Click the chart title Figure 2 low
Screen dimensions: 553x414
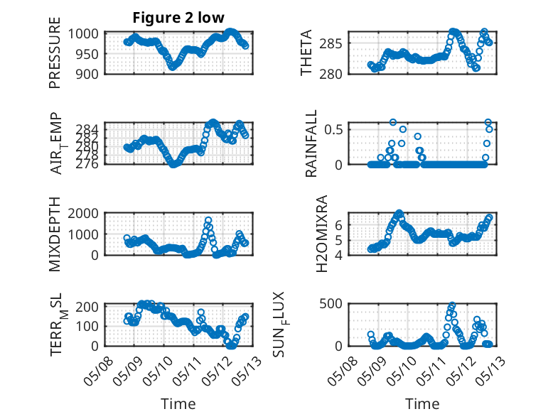(178, 18)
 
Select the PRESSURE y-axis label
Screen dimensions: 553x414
(55, 53)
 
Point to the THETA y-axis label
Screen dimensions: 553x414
(306, 53)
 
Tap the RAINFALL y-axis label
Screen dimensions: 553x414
(311, 143)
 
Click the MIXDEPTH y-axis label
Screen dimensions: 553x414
(55, 234)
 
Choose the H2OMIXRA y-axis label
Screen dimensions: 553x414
(322, 234)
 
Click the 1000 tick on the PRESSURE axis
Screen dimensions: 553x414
(83, 34)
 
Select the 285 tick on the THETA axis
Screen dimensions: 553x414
(331, 44)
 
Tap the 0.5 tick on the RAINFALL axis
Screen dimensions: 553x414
(333, 129)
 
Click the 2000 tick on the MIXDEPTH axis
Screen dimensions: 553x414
(83, 213)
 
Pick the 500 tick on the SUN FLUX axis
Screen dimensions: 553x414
(331, 304)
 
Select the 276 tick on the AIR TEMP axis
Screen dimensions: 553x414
(87, 164)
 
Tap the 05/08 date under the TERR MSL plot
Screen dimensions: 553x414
(98, 371)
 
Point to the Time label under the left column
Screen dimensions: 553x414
(178, 404)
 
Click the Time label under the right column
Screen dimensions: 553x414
(422, 404)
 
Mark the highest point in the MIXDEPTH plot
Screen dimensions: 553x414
(208, 221)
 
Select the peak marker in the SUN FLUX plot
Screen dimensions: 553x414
(452, 305)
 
